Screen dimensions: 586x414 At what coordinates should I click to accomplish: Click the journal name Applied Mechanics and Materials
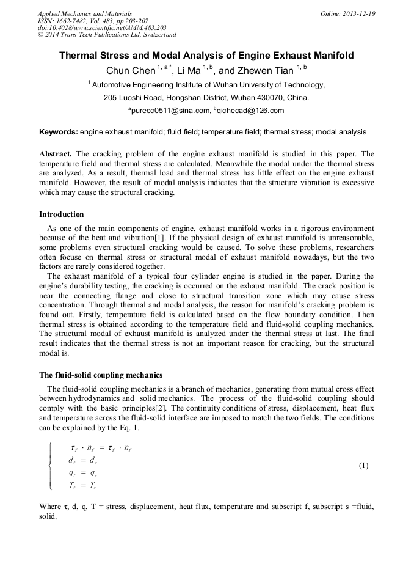coord(84,13)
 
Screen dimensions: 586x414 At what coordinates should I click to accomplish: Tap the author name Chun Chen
coord(131,71)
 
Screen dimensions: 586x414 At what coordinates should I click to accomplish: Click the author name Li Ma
coord(189,71)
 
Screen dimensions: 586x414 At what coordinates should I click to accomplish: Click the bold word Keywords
coord(58,132)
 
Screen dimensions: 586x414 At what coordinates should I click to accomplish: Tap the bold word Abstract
coord(56,153)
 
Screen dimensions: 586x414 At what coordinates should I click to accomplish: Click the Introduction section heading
coord(61,214)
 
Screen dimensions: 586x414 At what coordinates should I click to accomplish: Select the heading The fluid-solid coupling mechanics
coord(101,375)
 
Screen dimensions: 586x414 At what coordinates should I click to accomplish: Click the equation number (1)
coord(363,466)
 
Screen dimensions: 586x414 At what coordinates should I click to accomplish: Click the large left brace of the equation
coord(49,466)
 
